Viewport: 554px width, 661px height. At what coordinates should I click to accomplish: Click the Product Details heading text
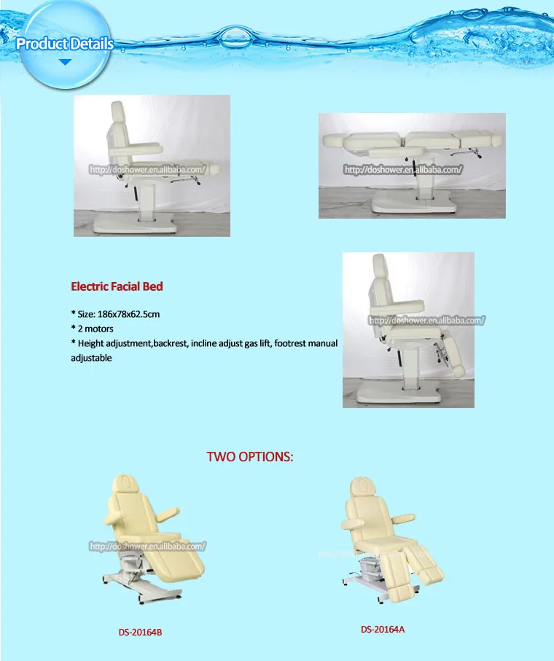click(x=65, y=44)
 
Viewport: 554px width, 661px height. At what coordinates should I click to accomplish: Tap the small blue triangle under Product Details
click(x=65, y=63)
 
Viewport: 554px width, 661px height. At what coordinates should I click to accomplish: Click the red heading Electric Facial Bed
click(x=117, y=286)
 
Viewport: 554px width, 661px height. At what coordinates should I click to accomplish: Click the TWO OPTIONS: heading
click(x=250, y=457)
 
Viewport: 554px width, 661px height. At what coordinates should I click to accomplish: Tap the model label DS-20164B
click(x=140, y=632)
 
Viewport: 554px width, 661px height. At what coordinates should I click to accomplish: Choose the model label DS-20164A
click(x=382, y=628)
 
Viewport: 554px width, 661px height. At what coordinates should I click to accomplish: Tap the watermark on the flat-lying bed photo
click(x=403, y=170)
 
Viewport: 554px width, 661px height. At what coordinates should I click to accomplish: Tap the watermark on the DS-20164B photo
click(x=148, y=545)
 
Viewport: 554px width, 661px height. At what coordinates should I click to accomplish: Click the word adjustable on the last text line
click(x=91, y=358)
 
